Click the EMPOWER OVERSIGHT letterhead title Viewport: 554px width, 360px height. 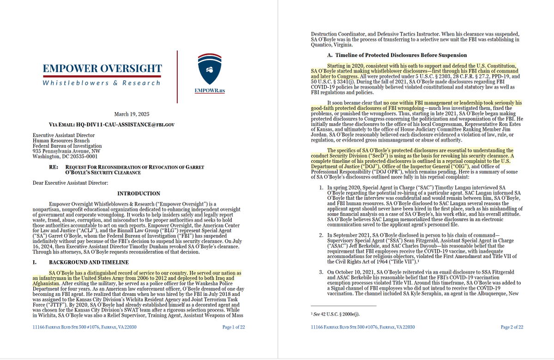click(x=102, y=68)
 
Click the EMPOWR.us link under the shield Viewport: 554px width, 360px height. click(x=210, y=90)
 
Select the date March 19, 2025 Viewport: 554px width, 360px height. click(x=132, y=114)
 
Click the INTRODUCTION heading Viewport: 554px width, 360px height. click(x=138, y=194)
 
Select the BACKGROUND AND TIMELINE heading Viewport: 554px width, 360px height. click(x=88, y=262)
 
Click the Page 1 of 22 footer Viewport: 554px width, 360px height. click(x=234, y=327)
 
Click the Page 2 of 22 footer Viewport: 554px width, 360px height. click(x=512, y=327)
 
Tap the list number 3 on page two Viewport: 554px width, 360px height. click(x=322, y=271)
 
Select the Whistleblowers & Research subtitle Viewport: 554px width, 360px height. click(x=102, y=83)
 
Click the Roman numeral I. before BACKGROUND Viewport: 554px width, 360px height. click(x=35, y=262)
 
